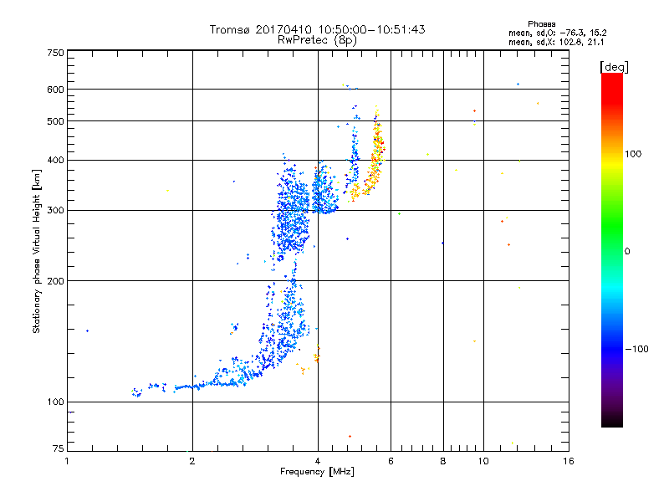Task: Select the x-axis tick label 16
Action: pos(568,461)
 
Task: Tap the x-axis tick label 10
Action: pos(483,461)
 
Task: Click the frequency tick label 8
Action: pos(442,461)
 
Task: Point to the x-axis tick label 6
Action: pos(391,461)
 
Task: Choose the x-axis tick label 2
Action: pos(192,461)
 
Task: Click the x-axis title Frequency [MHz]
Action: pos(317,472)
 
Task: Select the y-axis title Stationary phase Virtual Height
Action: pos(37,251)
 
